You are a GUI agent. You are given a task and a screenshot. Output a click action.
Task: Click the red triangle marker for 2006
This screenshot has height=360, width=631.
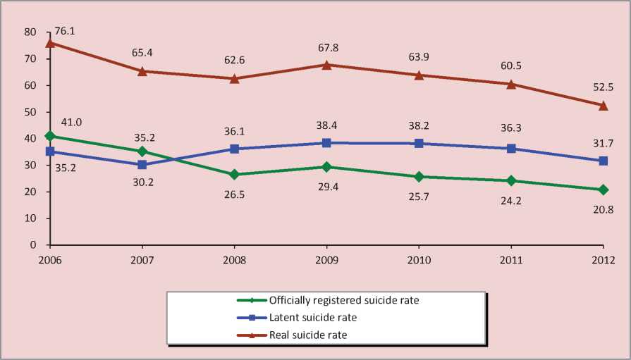click(x=50, y=42)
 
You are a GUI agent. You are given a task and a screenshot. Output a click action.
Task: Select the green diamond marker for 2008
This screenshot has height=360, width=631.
click(x=234, y=174)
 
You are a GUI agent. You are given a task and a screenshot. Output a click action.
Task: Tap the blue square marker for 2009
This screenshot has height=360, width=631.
click(x=326, y=143)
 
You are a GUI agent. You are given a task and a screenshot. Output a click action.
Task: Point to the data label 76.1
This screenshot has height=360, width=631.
click(x=66, y=32)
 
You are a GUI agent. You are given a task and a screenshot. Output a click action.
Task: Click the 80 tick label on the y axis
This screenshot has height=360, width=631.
click(x=29, y=32)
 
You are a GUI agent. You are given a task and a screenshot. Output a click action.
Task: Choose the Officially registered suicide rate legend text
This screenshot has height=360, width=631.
click(x=344, y=300)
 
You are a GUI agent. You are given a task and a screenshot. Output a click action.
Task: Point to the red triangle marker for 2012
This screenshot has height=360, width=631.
click(x=603, y=105)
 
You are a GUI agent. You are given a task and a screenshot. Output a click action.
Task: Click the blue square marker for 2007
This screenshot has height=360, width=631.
click(x=142, y=165)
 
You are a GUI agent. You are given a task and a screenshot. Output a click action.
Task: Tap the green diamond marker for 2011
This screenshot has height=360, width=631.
click(x=511, y=180)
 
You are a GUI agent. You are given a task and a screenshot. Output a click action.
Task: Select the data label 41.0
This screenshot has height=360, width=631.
click(x=71, y=122)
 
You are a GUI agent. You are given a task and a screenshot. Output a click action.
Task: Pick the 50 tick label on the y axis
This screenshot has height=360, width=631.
click(x=29, y=112)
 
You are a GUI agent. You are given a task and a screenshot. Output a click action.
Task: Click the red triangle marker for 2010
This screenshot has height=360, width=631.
click(x=419, y=75)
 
